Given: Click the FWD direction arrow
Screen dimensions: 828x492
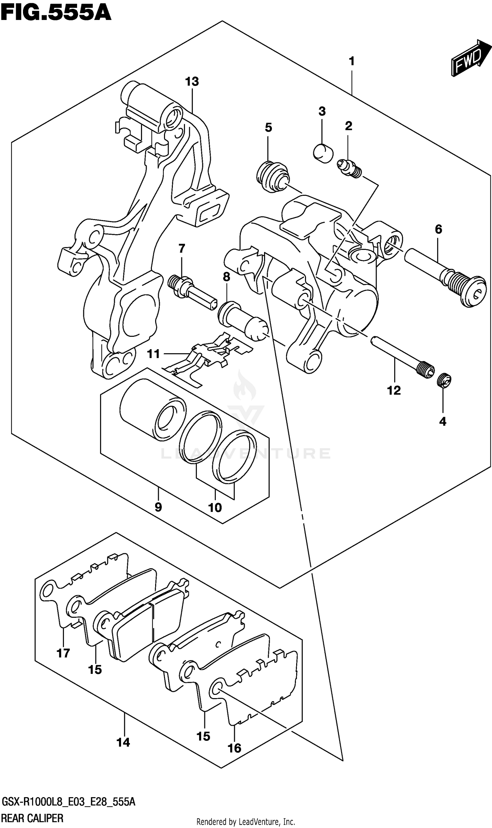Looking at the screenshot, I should (x=470, y=59).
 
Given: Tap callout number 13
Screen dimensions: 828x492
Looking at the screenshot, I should (x=192, y=82).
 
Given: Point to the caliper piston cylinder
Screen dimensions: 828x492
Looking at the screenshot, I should (x=153, y=409).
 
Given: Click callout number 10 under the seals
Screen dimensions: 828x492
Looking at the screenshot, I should (x=215, y=507).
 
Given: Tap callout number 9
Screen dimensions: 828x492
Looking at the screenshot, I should (x=158, y=507).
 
